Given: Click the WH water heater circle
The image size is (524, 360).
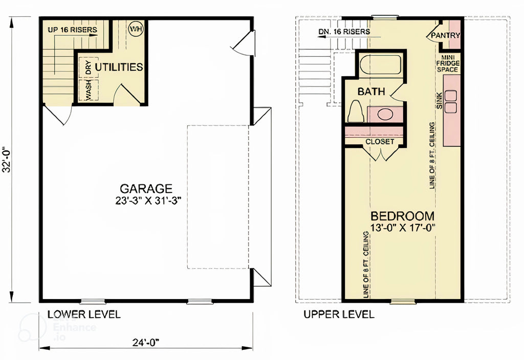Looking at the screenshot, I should pos(136,29).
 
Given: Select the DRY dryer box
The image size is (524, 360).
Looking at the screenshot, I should pos(89,68).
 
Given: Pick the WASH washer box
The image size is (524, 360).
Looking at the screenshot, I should pos(89,91).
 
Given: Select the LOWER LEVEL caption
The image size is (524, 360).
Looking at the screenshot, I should pos(84,314).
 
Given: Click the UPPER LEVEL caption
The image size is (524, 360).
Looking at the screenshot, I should pos(339,314).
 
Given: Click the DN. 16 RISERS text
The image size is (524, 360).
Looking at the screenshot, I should pos(343,32).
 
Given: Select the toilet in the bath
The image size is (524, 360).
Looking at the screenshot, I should pos(355,111).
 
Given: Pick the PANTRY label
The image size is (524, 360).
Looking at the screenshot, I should pos(445,36).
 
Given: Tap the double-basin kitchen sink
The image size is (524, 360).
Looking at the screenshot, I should pos(451,101).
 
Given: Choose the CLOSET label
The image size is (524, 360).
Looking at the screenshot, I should pos(379,141).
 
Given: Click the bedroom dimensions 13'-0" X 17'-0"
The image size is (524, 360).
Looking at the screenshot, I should pos(402,228).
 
